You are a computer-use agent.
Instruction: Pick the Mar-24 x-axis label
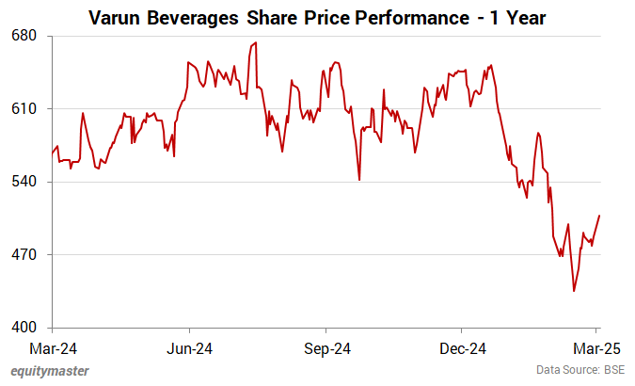click(x=54, y=346)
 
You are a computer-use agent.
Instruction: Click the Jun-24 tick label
click(x=190, y=346)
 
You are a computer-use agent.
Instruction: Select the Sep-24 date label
click(x=326, y=346)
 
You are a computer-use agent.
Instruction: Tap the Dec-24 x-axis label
click(x=463, y=346)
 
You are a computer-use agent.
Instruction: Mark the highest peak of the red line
click(x=256, y=43)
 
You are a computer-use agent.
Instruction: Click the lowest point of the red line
click(x=574, y=291)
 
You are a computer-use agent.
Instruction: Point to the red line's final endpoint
click(x=599, y=216)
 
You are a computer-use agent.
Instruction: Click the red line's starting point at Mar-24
click(x=53, y=153)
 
